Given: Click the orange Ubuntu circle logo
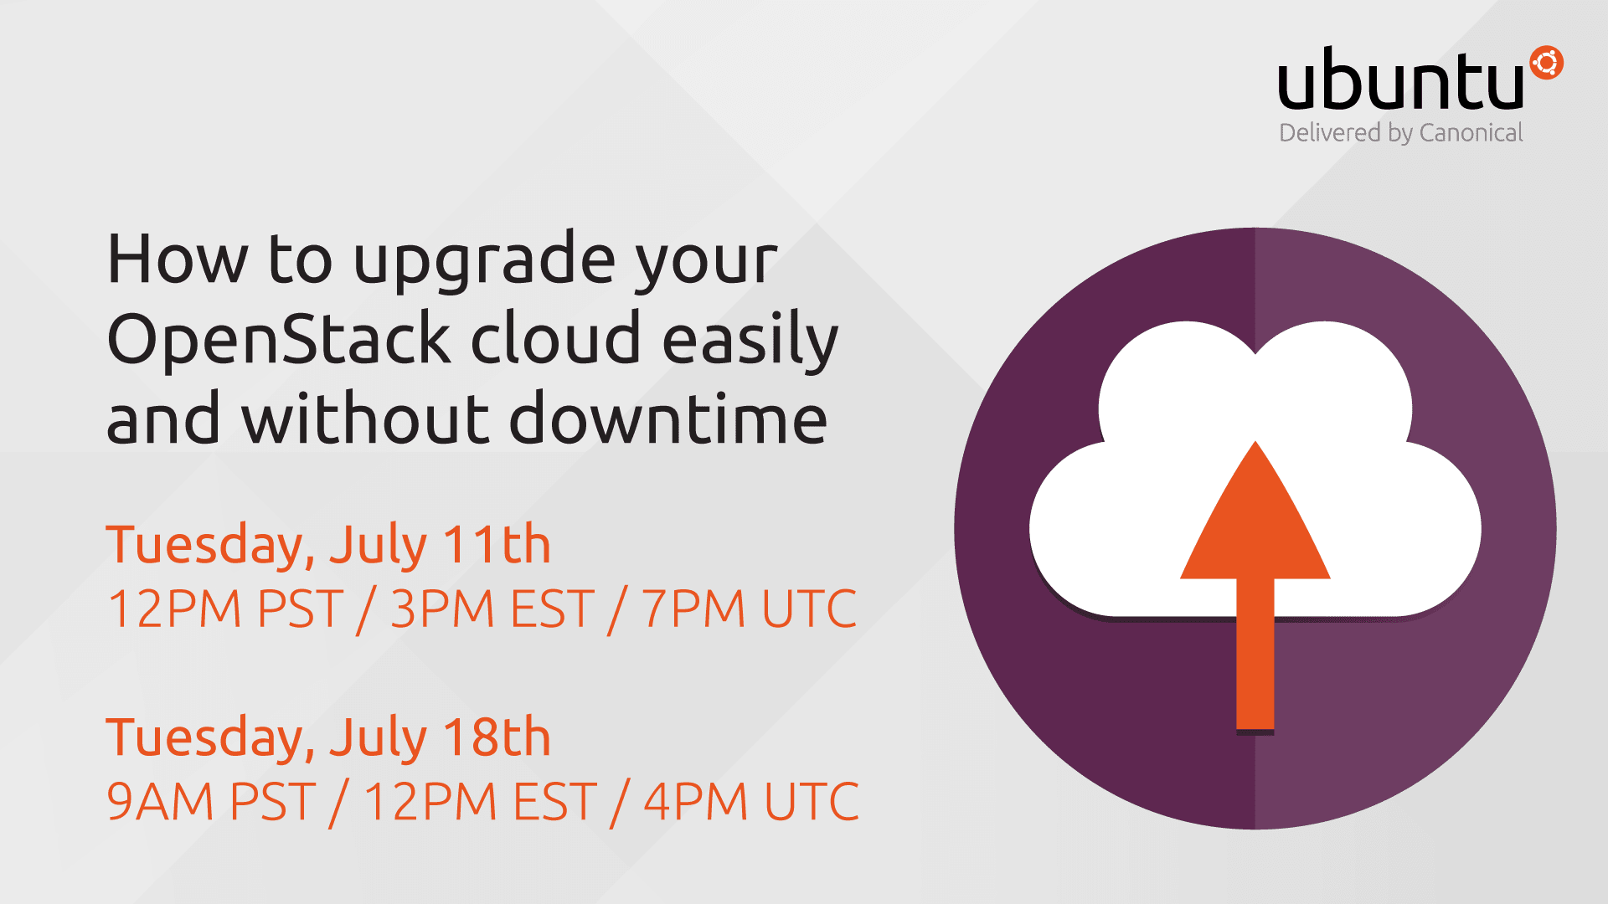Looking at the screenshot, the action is point(1546,64).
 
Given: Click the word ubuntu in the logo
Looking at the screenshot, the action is point(1400,79).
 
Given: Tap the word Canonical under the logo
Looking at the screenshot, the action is point(1471,133).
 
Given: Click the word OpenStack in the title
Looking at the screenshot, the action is point(280,338).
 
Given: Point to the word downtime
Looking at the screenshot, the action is point(668,417).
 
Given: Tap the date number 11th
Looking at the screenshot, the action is point(497,544).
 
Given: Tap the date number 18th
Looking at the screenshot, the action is point(497,737).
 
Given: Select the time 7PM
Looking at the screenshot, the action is point(693,609).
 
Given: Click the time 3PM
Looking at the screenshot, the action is point(442,609).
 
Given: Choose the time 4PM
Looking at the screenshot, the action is point(695,802).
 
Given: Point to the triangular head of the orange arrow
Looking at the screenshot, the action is point(1255,519).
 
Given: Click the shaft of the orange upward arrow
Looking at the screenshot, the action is point(1255,653).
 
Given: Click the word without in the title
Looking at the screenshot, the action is point(365,417).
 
